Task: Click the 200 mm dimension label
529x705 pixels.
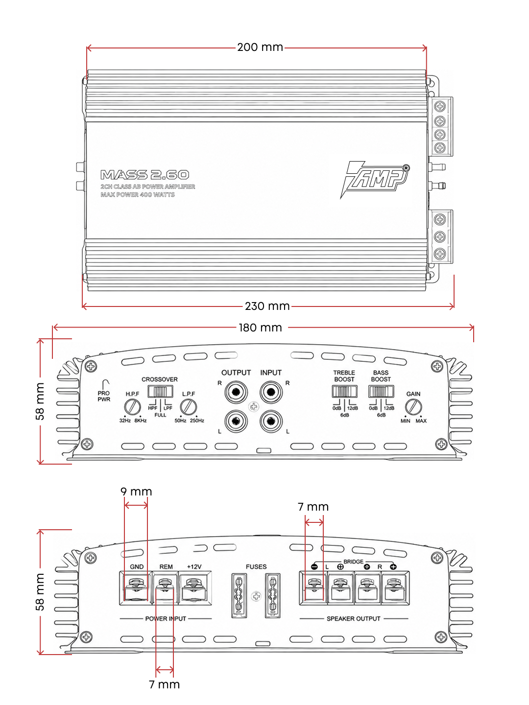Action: point(260,47)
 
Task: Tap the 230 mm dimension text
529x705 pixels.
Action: point(267,306)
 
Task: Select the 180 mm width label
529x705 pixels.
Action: point(260,328)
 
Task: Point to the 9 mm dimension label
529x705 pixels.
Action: point(136,492)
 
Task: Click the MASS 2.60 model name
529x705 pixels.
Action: point(145,175)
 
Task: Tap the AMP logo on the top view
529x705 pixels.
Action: point(375,179)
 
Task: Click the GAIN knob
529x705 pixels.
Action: point(413,407)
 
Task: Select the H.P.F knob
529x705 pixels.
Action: point(132,407)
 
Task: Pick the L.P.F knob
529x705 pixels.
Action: point(189,407)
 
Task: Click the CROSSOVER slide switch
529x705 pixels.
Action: point(160,392)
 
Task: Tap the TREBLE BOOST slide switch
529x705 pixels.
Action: point(344,392)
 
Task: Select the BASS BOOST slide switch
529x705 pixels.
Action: point(381,392)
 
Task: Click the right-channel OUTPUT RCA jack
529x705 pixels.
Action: point(236,392)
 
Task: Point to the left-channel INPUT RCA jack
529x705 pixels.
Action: point(271,421)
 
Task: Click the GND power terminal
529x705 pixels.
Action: point(136,588)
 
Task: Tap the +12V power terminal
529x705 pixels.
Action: point(194,588)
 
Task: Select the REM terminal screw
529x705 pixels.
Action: point(165,583)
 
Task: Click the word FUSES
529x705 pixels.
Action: point(256,566)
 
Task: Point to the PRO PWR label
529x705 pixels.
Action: point(104,396)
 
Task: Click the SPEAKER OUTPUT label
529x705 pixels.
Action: point(353,618)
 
